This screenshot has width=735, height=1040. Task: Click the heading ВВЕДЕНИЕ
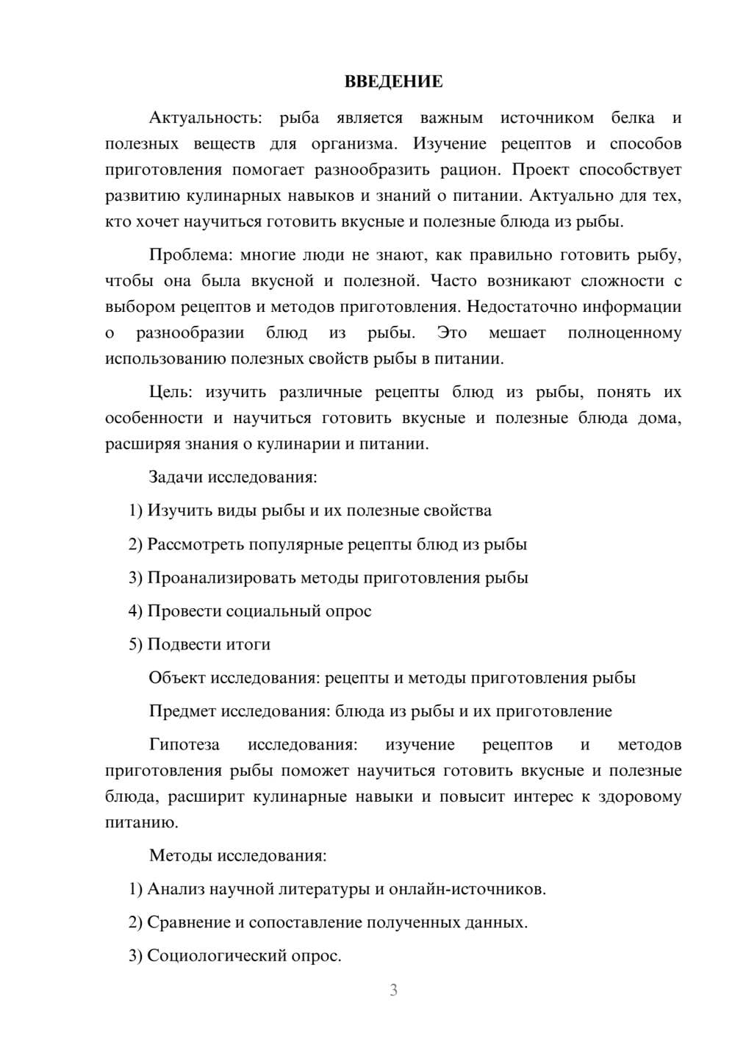pos(393,82)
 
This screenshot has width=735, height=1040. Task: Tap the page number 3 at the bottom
pos(393,990)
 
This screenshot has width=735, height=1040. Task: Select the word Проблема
pos(189,255)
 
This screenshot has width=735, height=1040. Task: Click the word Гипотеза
pos(184,744)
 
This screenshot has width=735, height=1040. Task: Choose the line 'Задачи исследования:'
pos(233,477)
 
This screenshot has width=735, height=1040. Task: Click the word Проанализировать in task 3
pos(221,577)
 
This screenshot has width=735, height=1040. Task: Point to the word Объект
pos(176,677)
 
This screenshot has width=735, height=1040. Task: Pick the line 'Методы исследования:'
pos(237,855)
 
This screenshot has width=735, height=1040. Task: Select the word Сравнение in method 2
pos(189,922)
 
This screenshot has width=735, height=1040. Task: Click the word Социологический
pos(211,956)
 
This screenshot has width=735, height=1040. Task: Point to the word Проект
pos(540,170)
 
